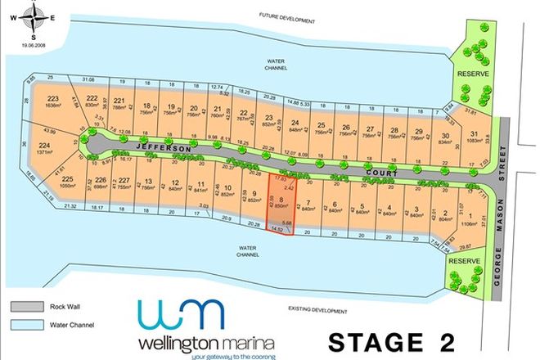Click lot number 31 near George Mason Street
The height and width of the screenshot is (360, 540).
click(474, 134)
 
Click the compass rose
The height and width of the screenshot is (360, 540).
click(33, 16)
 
